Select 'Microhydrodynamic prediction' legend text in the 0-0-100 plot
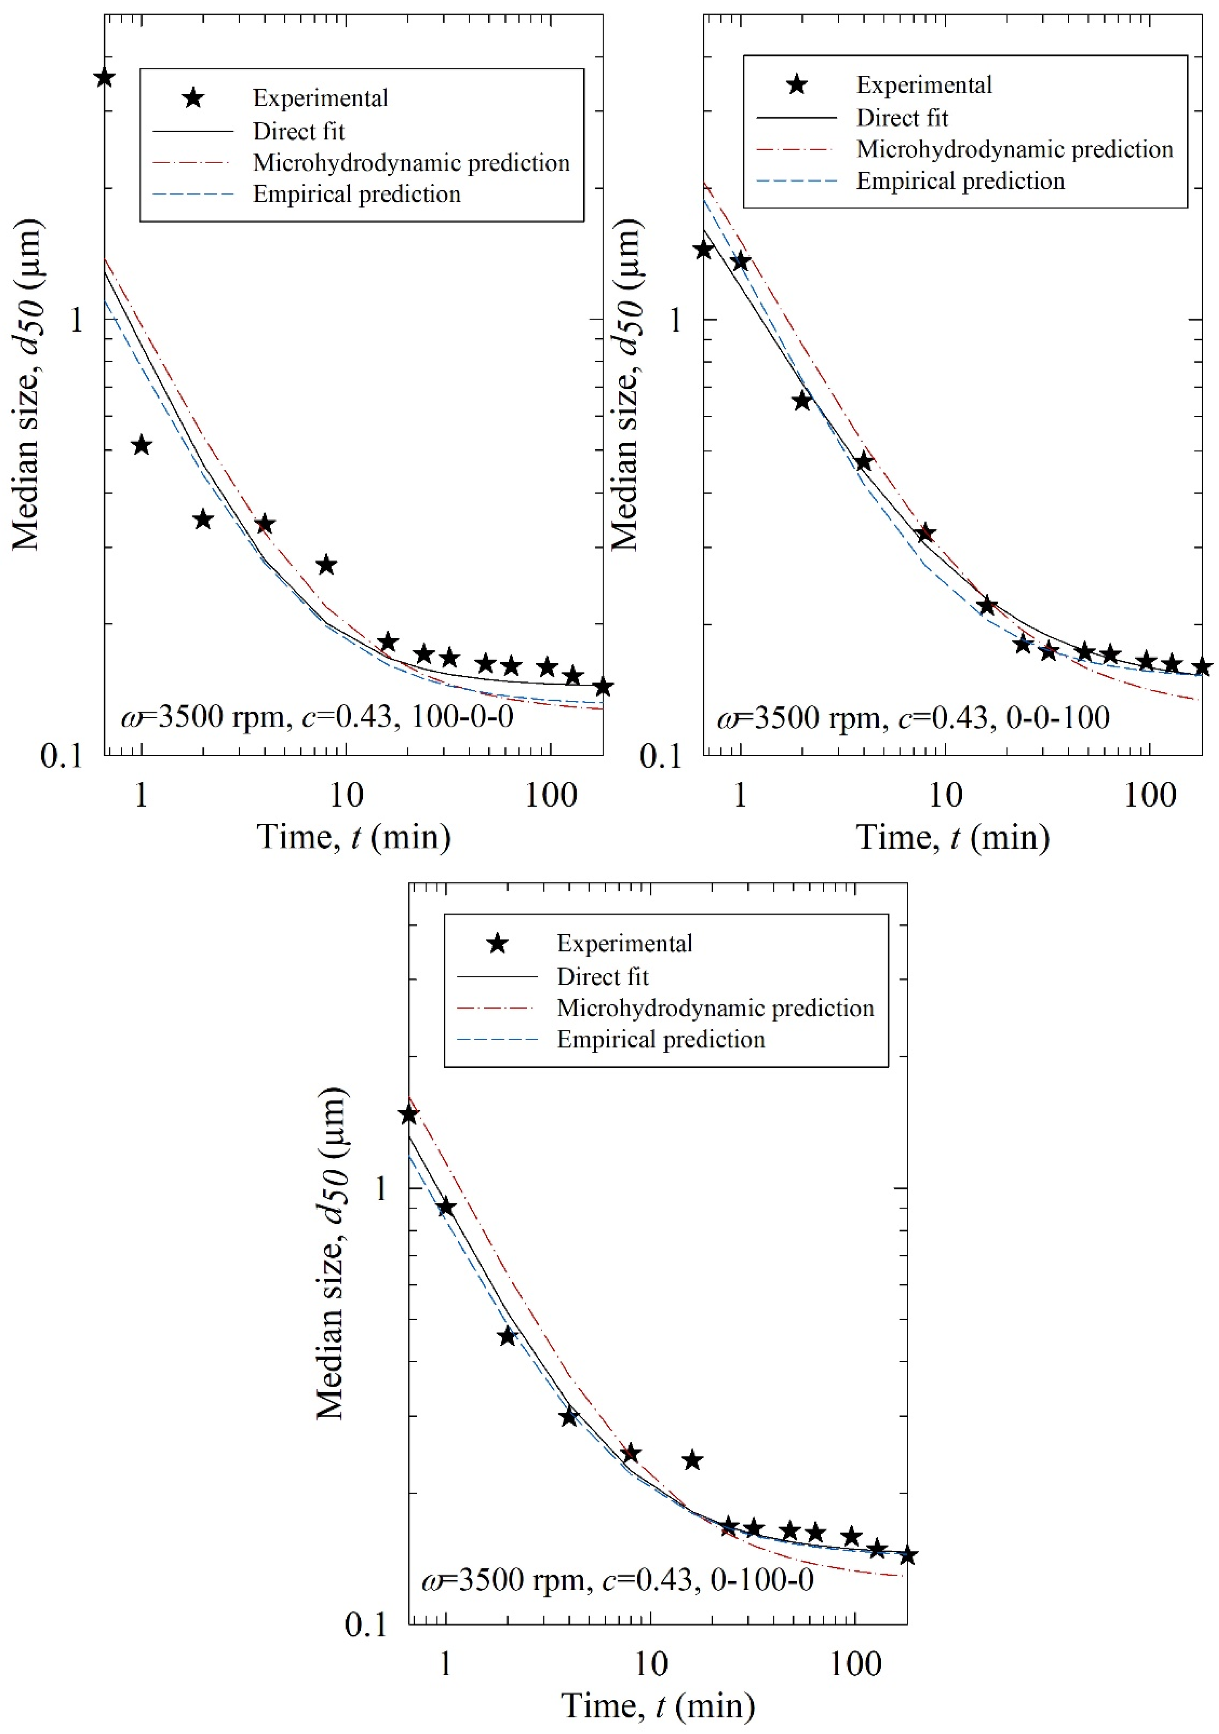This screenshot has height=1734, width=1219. (1014, 150)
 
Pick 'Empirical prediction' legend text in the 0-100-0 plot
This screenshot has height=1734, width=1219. (661, 1040)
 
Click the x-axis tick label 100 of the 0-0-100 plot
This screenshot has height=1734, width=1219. (1150, 795)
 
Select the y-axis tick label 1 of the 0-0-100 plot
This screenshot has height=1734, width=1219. (674, 320)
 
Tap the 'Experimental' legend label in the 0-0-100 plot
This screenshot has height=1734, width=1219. (924, 85)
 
